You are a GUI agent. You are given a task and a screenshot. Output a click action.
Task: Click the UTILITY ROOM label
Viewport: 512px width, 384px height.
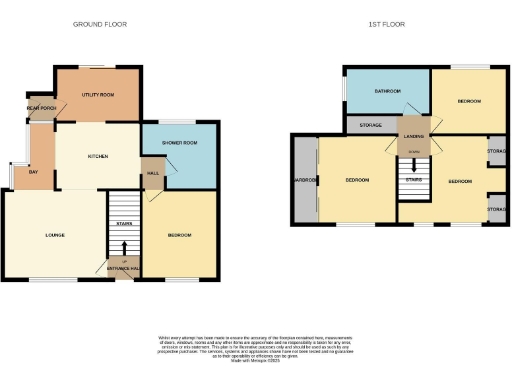[x=98, y=95]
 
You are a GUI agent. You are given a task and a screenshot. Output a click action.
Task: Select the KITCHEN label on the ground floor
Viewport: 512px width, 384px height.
[x=98, y=157]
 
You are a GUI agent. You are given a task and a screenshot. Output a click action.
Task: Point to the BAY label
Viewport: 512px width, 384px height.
[x=33, y=172]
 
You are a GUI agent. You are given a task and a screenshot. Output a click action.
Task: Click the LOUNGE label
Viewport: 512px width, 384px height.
[x=55, y=235]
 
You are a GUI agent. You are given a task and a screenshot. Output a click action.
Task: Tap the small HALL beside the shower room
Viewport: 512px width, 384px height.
[x=153, y=173]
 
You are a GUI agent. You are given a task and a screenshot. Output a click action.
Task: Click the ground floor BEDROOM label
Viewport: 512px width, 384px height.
[x=180, y=235]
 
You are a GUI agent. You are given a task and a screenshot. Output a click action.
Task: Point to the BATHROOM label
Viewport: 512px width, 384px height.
[x=388, y=91]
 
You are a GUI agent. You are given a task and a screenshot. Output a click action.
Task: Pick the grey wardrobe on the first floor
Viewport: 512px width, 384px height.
[x=304, y=180]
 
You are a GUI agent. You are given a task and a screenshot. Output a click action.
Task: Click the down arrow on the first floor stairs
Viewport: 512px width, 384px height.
[x=413, y=150]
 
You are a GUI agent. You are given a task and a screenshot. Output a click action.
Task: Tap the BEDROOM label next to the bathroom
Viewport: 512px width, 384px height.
[x=470, y=101]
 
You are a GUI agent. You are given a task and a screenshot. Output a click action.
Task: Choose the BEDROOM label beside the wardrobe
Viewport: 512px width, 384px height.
[x=358, y=180]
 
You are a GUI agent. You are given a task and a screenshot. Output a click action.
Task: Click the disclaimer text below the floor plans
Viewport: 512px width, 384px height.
[x=256, y=346]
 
